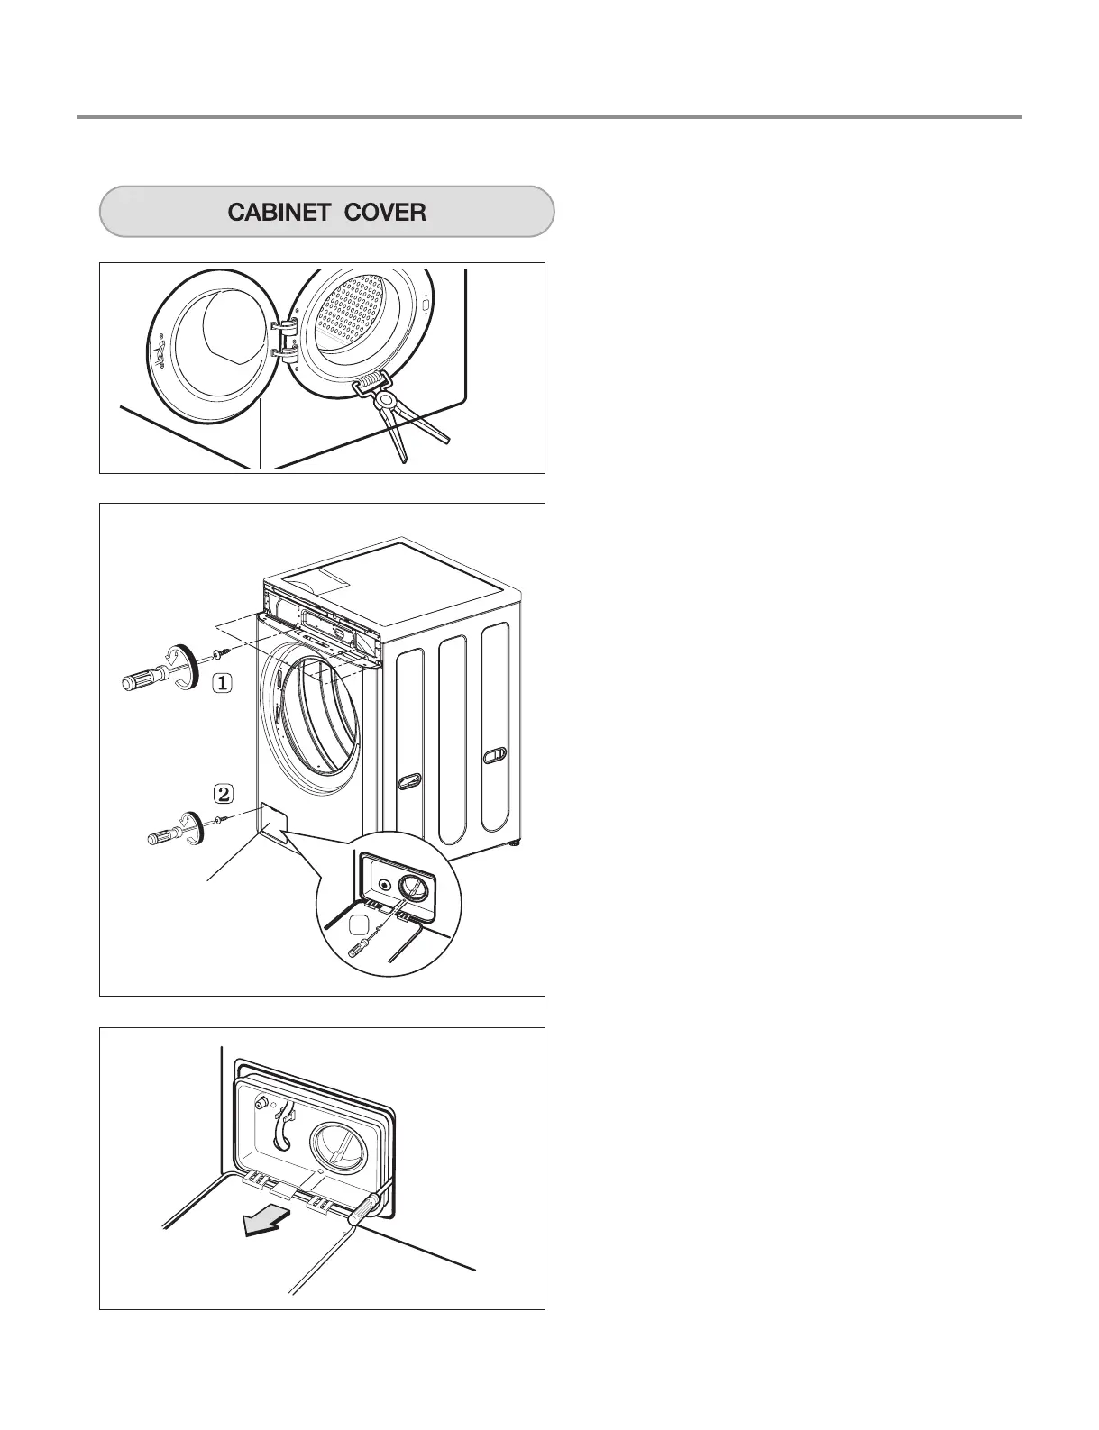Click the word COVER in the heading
(x=384, y=213)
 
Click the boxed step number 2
(x=223, y=794)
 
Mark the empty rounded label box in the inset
(x=359, y=924)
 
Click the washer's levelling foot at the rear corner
(x=514, y=845)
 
